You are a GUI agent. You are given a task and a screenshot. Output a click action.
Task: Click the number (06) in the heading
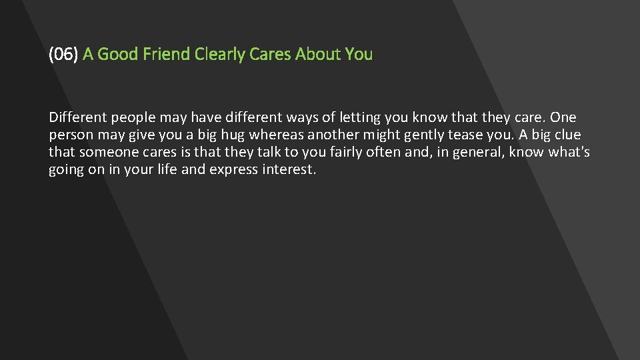point(63,55)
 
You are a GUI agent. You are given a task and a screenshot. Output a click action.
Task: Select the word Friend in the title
point(169,55)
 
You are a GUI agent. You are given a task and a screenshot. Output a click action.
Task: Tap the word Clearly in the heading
point(220,55)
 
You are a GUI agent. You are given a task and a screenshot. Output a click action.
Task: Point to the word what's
point(569,153)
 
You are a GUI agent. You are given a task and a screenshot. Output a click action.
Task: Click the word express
point(231,170)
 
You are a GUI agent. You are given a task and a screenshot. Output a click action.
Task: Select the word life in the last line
point(167,170)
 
